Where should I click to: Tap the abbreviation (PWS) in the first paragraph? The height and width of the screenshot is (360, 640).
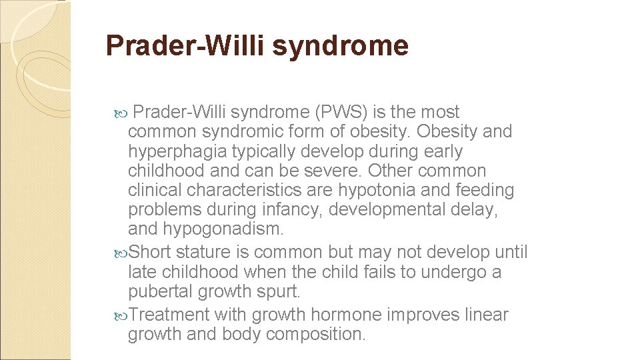(333, 113)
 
